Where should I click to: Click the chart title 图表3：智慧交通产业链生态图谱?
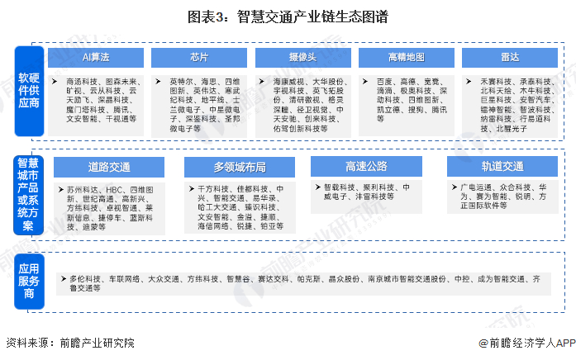click(x=288, y=15)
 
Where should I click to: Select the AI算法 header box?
click(x=98, y=56)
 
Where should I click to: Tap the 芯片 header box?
click(x=199, y=56)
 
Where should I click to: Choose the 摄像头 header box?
click(x=302, y=56)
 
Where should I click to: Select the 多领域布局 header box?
click(x=240, y=166)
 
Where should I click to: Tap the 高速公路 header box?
click(x=367, y=166)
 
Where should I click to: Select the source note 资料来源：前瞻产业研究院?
click(x=69, y=343)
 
